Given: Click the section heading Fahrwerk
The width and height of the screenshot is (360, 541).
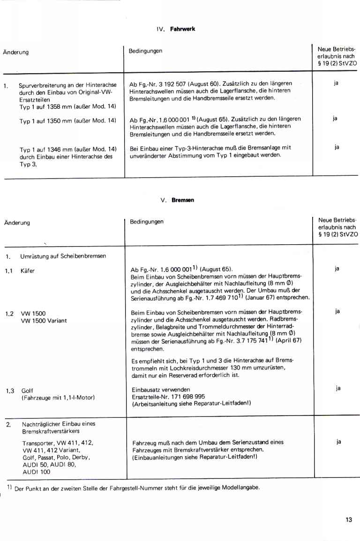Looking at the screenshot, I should click(185, 29).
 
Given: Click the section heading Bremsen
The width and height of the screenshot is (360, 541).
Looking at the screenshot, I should click(183, 200).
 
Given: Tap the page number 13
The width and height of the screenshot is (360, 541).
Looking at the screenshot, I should click(348, 519).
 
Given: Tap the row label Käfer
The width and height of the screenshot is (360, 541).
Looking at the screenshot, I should click(28, 271).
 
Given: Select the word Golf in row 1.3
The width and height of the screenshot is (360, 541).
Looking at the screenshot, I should click(27, 390).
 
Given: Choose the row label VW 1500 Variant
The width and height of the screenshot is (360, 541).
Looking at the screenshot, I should click(44, 321).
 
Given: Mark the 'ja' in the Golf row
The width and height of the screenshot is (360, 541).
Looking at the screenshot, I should click(338, 388).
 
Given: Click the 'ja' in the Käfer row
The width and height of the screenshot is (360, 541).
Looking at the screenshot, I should click(337, 269).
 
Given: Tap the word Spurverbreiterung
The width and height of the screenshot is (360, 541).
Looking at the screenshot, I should click(41, 85).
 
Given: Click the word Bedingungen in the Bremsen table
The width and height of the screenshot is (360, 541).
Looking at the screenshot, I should click(146, 222).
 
